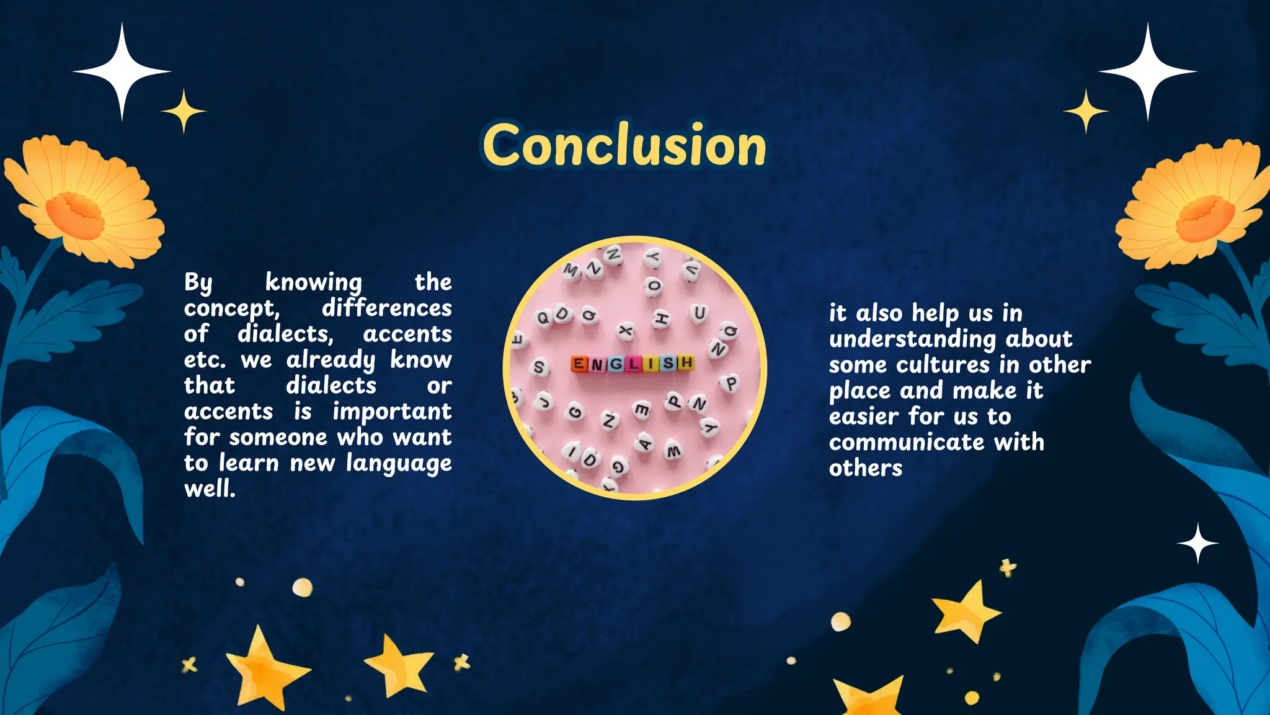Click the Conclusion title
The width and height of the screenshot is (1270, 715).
coord(624,145)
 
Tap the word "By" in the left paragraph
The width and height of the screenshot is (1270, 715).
coord(198,282)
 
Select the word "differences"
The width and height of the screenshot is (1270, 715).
coord(386,308)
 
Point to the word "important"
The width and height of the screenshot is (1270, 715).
coord(392,411)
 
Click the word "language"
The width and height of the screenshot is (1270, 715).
coord(399,464)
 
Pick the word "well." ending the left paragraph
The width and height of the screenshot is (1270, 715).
coord(210,489)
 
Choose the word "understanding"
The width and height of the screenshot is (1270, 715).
coord(912,340)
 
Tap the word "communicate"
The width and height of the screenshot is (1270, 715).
coord(906,443)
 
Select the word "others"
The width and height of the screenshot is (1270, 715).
coord(865,468)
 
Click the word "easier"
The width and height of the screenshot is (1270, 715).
coord(863,416)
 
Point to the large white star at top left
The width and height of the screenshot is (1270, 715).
coord(122,71)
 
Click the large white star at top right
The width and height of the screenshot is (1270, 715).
coord(1147,71)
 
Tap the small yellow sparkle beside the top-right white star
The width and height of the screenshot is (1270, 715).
coord(1086,111)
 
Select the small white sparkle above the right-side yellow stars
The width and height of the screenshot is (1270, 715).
coord(1197,543)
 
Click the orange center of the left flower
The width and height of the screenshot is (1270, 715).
coord(74,214)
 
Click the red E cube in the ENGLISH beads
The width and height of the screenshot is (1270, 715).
coord(578,364)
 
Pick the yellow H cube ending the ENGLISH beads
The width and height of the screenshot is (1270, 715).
coord(686,362)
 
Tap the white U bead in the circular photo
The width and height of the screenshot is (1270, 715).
coord(699,313)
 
